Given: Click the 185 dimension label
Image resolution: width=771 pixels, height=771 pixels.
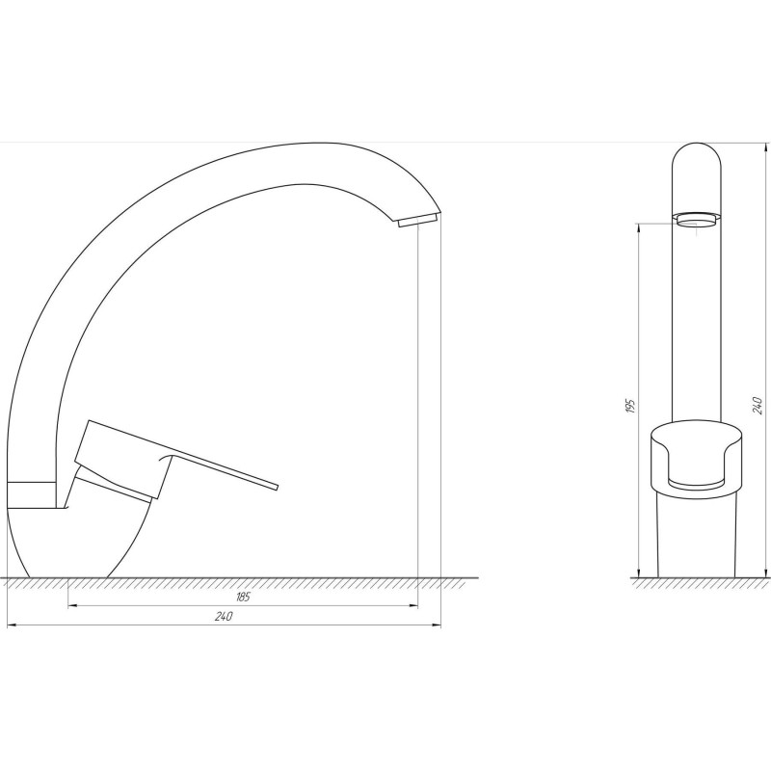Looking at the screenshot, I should pos(243,598).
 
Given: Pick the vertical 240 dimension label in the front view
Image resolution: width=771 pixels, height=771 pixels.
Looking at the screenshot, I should pos(758,406).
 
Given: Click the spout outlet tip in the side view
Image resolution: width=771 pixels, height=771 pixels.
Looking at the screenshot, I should pos(416,222).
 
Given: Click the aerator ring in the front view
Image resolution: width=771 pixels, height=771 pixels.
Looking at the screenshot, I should pos(696,219).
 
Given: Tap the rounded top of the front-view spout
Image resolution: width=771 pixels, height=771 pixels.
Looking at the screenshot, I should pos(696,159).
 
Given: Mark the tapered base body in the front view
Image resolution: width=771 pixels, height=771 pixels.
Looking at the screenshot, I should pos(696,535).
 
